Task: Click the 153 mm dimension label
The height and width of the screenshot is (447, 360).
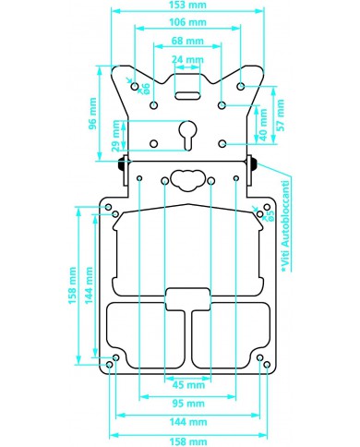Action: [187, 5]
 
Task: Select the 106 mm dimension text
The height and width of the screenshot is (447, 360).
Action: [187, 22]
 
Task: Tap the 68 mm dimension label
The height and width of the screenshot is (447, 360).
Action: [187, 41]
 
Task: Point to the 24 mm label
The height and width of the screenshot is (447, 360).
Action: [187, 59]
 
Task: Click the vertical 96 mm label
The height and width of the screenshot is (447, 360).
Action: [92, 114]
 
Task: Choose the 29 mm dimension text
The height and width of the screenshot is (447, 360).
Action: [115, 136]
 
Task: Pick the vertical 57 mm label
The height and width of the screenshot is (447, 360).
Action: [280, 115]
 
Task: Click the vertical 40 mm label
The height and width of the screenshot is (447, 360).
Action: [263, 125]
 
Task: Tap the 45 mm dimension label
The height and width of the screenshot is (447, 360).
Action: [188, 385]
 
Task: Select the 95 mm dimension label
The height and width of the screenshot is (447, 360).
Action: [188, 404]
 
